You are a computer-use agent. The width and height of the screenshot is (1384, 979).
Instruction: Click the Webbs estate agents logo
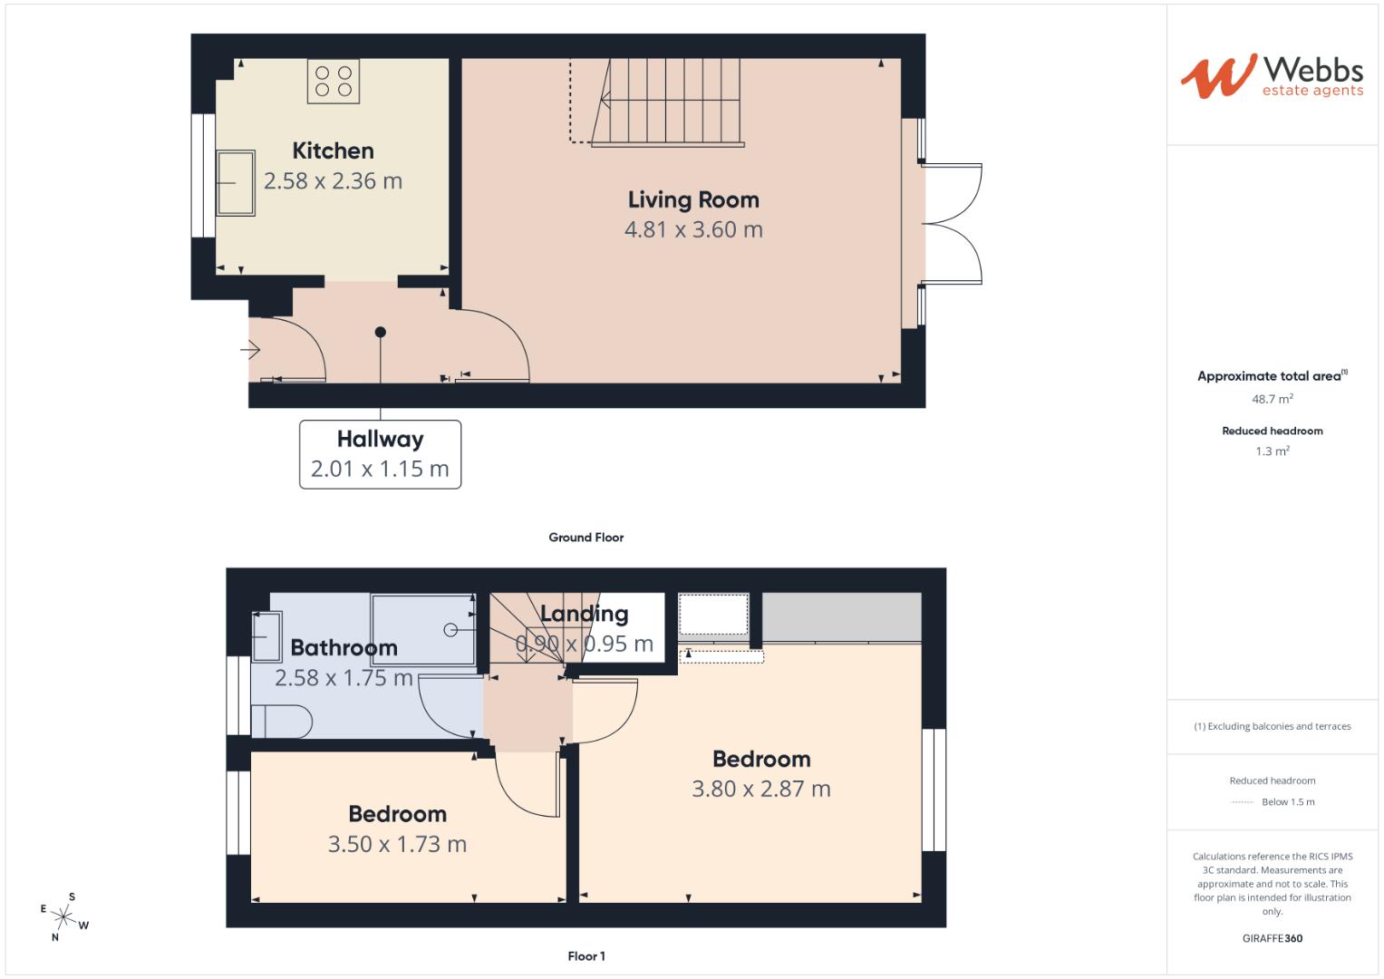(x=1272, y=76)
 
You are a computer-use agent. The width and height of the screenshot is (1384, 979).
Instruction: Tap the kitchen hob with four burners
(x=333, y=80)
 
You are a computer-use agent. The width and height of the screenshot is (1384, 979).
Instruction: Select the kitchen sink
(x=236, y=183)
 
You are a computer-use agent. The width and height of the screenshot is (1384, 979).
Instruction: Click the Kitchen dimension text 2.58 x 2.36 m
(x=333, y=181)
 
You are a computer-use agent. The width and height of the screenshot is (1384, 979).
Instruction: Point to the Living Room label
(x=693, y=199)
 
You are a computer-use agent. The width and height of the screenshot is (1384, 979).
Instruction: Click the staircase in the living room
(x=669, y=101)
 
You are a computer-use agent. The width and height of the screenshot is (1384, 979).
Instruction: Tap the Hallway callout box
(x=380, y=454)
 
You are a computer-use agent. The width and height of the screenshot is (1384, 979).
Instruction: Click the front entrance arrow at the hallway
(x=250, y=349)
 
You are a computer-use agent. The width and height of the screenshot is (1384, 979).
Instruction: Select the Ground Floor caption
(x=586, y=538)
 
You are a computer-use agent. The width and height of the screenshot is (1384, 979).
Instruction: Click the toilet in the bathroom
(x=280, y=722)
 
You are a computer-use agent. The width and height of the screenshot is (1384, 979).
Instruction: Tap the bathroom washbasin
(x=266, y=636)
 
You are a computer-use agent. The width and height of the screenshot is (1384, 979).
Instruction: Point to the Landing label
(x=584, y=615)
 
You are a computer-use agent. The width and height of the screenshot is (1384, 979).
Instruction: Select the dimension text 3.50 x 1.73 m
(x=397, y=845)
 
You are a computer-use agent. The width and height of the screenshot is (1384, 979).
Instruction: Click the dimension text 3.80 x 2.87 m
(x=760, y=790)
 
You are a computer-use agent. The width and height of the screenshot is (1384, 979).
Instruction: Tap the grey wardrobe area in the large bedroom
(x=841, y=617)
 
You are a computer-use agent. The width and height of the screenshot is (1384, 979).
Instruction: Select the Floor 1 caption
(x=586, y=956)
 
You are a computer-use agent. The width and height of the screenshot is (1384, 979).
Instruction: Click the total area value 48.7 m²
(x=1272, y=399)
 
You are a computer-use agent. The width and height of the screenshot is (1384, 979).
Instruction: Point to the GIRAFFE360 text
(x=1272, y=938)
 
